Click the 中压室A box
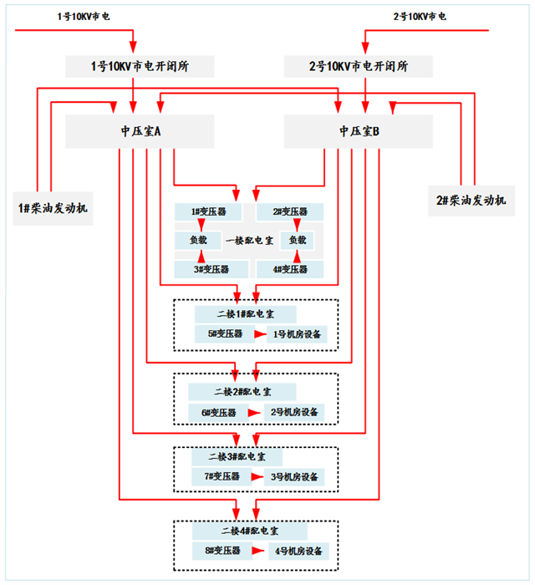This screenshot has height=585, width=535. pos(140,132)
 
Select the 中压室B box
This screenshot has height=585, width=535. pos(359,132)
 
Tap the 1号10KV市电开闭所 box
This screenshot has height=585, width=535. pos(140,67)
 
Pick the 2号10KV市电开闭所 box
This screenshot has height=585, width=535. pos(359,67)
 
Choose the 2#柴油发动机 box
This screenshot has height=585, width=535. pos(471,201)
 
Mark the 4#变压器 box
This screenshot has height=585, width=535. pos(289,269)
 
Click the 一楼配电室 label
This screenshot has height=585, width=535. pos(248,241)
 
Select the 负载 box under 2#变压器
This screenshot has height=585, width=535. pos(297,241)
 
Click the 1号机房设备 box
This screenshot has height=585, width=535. pos(297,334)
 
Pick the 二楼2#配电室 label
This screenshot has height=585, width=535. pos(242,391)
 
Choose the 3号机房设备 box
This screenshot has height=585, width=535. pos(293,478)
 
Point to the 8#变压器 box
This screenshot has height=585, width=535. pos(222,552)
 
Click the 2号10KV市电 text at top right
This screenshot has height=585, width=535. pos(419,16)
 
